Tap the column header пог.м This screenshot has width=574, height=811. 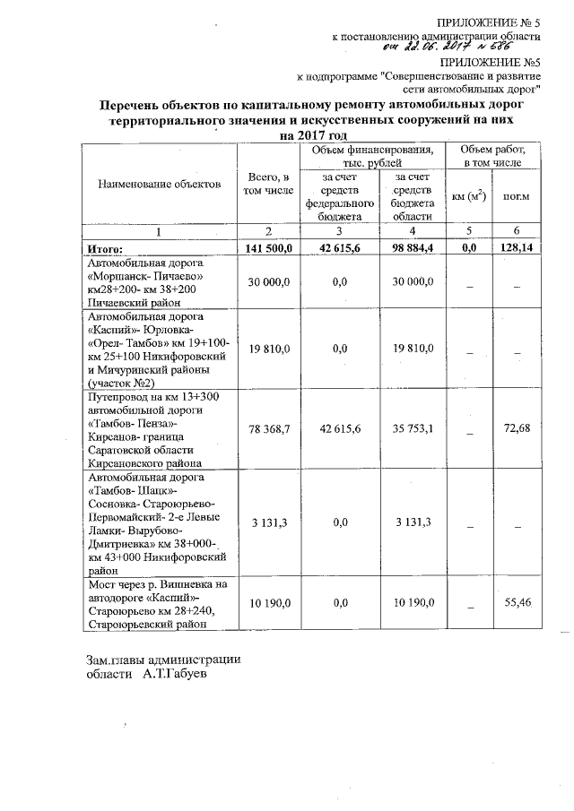click(516, 196)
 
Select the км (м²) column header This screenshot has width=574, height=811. click(468, 196)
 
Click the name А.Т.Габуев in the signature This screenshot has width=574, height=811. click(175, 674)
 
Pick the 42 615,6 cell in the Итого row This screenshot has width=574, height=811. click(339, 248)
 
